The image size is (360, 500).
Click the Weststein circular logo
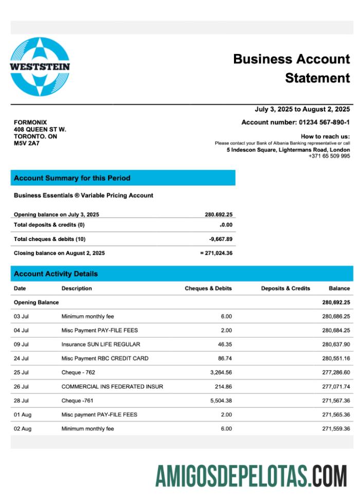(x=40, y=67)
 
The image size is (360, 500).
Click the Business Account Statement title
(x=292, y=68)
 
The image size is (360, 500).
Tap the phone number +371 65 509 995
(x=329, y=156)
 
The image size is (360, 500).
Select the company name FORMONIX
(x=30, y=122)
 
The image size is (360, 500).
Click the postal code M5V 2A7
(x=27, y=143)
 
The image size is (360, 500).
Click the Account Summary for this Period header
(x=72, y=178)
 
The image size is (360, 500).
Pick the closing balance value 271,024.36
(x=219, y=253)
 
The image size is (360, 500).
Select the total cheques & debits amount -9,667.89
(x=221, y=239)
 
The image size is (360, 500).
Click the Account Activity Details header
(x=56, y=274)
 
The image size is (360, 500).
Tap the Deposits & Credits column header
(x=285, y=288)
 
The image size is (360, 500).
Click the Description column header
(x=77, y=288)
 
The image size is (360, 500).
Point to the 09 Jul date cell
(x=21, y=344)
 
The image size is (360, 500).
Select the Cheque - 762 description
(x=78, y=373)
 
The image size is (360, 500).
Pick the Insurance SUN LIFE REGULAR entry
(x=101, y=344)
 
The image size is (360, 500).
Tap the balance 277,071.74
(x=336, y=386)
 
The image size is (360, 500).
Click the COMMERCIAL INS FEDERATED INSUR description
(x=112, y=386)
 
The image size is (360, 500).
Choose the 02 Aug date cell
(x=23, y=429)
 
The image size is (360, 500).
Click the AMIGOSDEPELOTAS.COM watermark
(x=251, y=476)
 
